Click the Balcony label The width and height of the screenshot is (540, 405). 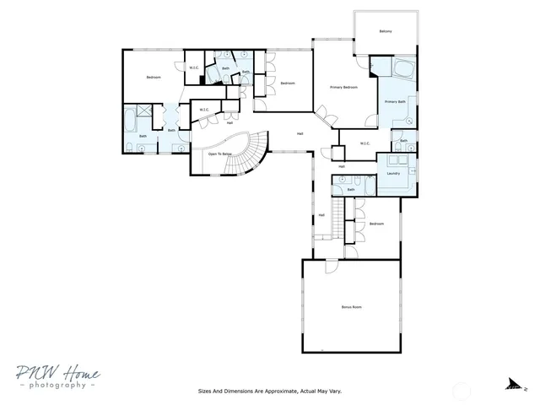coord(386,31)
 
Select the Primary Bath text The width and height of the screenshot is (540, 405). coord(396,102)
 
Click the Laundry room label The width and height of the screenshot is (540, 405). coord(393,174)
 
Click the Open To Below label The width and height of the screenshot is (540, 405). coord(220,154)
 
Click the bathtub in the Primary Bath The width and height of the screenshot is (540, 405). coord(402,67)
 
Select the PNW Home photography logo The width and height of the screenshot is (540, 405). coord(57,377)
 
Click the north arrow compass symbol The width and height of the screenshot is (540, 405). coord(513,385)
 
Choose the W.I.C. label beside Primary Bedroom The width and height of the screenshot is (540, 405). coord(365,143)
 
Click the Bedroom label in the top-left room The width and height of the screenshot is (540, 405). coord(154,78)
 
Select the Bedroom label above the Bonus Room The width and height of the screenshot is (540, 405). coord(376,224)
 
